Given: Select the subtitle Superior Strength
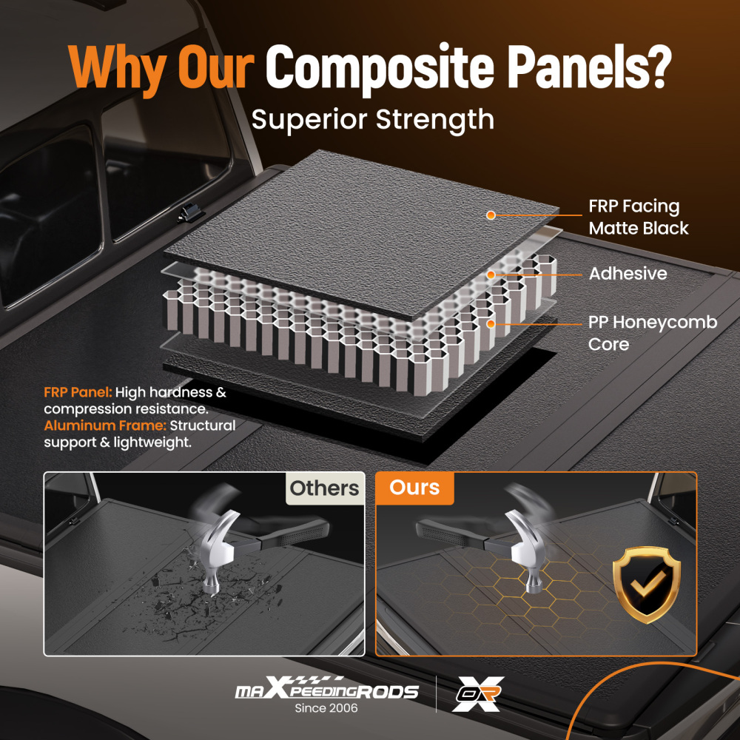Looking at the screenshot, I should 372,118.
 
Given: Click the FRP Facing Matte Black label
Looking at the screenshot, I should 638,218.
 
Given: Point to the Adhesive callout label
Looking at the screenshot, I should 628,274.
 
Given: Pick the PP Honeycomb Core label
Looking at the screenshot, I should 652,334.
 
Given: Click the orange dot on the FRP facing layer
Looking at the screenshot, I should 490,215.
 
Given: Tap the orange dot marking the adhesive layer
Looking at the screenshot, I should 490,275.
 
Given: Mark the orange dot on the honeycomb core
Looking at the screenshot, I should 490,323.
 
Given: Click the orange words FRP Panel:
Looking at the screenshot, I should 78,392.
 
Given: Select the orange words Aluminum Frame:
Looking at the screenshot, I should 105,425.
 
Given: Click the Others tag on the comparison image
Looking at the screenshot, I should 324,488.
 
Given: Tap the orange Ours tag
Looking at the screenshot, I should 414,488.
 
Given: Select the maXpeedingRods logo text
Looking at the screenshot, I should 326,692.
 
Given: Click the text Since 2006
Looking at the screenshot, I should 326,709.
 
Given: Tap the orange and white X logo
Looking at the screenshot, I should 478,694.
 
